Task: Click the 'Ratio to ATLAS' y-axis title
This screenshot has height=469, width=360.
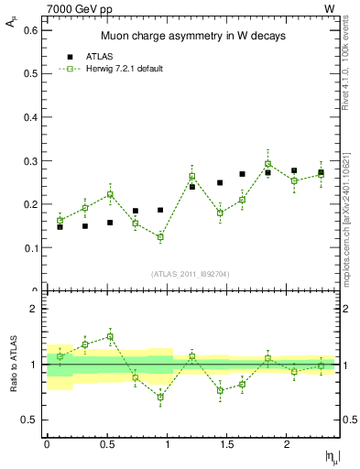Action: click(x=12, y=365)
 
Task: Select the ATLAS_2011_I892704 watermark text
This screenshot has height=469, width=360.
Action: click(x=191, y=274)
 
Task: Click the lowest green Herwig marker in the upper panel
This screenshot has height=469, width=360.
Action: click(x=160, y=237)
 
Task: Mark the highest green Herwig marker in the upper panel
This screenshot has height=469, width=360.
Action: click(x=267, y=164)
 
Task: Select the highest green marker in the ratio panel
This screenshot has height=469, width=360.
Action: click(x=110, y=336)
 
